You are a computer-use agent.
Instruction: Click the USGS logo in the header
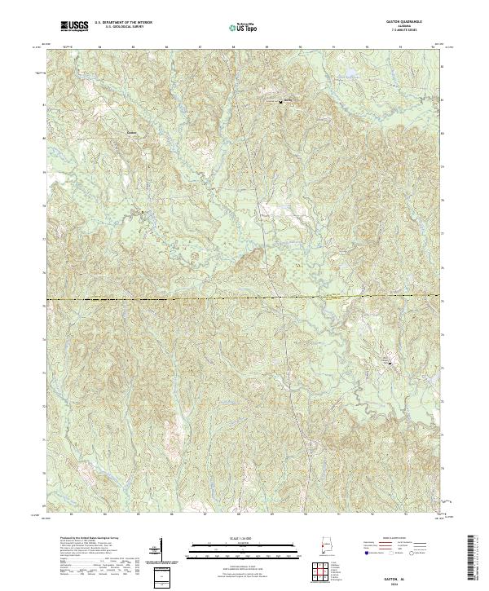pyautogui.click(x=76, y=26)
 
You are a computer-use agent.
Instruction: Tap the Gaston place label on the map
pyautogui.click(x=132, y=130)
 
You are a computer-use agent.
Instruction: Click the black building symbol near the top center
pyautogui.click(x=280, y=103)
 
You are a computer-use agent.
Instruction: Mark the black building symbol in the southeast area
pyautogui.click(x=389, y=360)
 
